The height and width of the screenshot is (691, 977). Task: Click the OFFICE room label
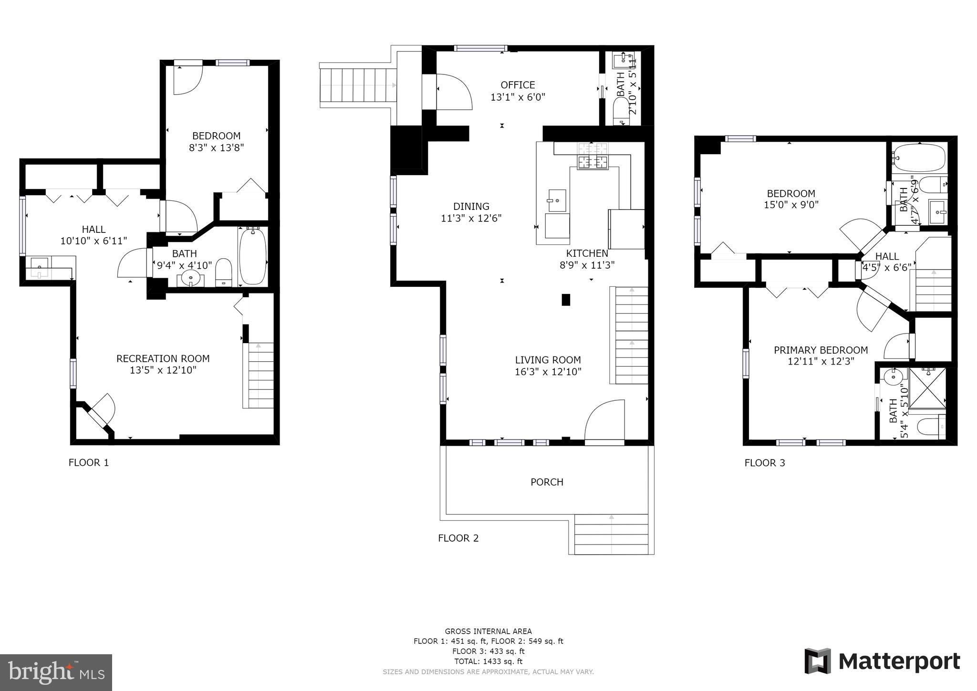(x=518, y=85)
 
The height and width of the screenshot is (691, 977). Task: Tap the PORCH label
(x=547, y=482)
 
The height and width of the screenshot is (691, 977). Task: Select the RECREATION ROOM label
(x=163, y=358)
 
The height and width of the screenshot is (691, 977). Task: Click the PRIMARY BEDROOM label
(x=821, y=350)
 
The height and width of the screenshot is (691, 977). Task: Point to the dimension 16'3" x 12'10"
(x=548, y=372)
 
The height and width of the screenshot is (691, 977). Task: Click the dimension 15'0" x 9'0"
(x=791, y=205)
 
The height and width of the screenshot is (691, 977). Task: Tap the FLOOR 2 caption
(x=458, y=538)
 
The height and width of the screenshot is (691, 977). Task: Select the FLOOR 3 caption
(x=764, y=462)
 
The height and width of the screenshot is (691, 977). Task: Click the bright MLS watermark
(x=56, y=672)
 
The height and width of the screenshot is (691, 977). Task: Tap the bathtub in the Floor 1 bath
(x=252, y=256)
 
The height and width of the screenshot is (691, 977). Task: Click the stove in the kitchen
(x=593, y=156)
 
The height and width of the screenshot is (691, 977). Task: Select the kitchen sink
(x=557, y=200)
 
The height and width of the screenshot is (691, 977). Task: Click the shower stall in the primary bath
(x=927, y=388)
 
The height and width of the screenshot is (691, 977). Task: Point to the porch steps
(x=611, y=534)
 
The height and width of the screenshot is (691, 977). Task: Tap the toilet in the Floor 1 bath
(x=223, y=272)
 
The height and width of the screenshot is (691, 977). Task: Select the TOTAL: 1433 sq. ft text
(x=488, y=661)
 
